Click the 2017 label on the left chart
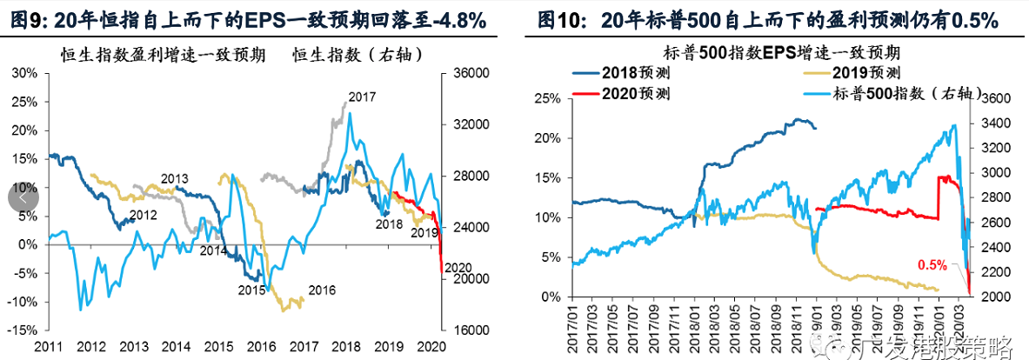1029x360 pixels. click(x=362, y=97)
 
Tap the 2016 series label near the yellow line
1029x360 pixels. click(x=321, y=290)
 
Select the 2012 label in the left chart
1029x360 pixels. click(x=144, y=214)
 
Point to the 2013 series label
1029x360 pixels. click(x=174, y=179)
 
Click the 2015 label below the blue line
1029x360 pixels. click(x=252, y=290)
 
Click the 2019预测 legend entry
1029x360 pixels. click(x=865, y=73)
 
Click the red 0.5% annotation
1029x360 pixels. click(x=932, y=264)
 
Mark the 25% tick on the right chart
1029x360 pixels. click(x=548, y=99)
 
